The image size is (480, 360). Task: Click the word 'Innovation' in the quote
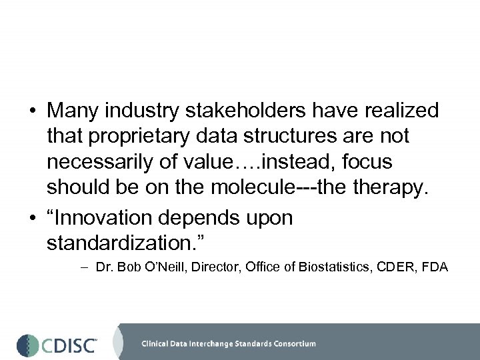[x=111, y=218]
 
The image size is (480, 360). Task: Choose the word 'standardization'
[x=121, y=243]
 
